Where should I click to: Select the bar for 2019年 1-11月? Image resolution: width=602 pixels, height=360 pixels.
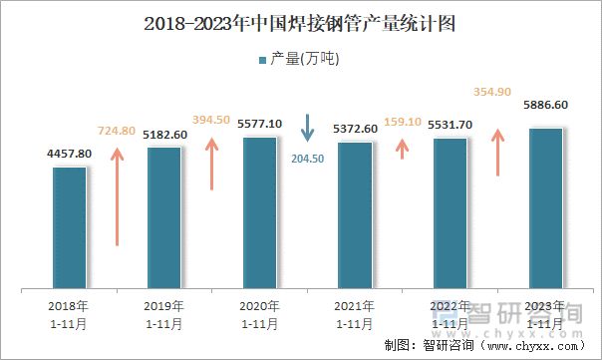164,218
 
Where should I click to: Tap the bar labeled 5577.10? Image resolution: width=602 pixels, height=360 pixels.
260,213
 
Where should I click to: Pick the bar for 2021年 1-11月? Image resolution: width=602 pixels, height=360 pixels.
355,216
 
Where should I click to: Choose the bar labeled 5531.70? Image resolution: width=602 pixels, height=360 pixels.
451,214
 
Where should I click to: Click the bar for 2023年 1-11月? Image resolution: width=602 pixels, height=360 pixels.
545,209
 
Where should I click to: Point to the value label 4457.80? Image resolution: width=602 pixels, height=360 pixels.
69,154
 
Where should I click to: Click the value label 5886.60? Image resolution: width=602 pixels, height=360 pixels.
545,105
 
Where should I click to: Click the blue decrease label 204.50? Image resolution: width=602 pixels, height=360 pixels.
307,159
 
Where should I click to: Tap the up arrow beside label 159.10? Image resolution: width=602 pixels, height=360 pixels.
403,148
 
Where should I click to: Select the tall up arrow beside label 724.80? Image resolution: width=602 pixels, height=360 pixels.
118,194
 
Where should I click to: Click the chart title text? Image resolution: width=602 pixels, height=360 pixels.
300,24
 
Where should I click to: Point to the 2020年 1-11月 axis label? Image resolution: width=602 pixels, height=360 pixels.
259,314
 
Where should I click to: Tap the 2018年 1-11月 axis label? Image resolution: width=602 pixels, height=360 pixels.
69,314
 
